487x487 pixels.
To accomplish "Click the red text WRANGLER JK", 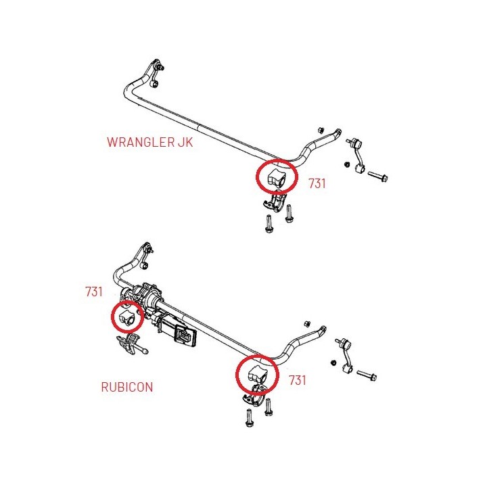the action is coord(149,142).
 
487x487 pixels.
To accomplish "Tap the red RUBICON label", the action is coord(127,387).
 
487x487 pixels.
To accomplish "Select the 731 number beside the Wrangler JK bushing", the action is coord(317,183).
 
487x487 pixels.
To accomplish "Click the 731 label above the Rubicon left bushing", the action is coord(94,292).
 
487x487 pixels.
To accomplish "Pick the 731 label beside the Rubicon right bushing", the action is coord(297,380).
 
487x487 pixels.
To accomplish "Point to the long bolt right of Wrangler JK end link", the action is coord(377,177).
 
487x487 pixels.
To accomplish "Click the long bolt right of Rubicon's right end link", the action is coord(367,375).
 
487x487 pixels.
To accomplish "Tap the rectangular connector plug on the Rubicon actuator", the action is coord(185,336).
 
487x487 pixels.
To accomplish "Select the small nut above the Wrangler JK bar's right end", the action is coord(321,130).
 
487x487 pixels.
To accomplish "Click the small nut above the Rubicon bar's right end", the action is coord(307,323).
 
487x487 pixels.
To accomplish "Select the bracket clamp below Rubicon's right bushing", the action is coord(254,395).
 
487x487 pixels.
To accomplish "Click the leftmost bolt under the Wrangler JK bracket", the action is coord(269,224).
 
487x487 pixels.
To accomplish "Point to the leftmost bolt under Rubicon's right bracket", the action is coord(249,418).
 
